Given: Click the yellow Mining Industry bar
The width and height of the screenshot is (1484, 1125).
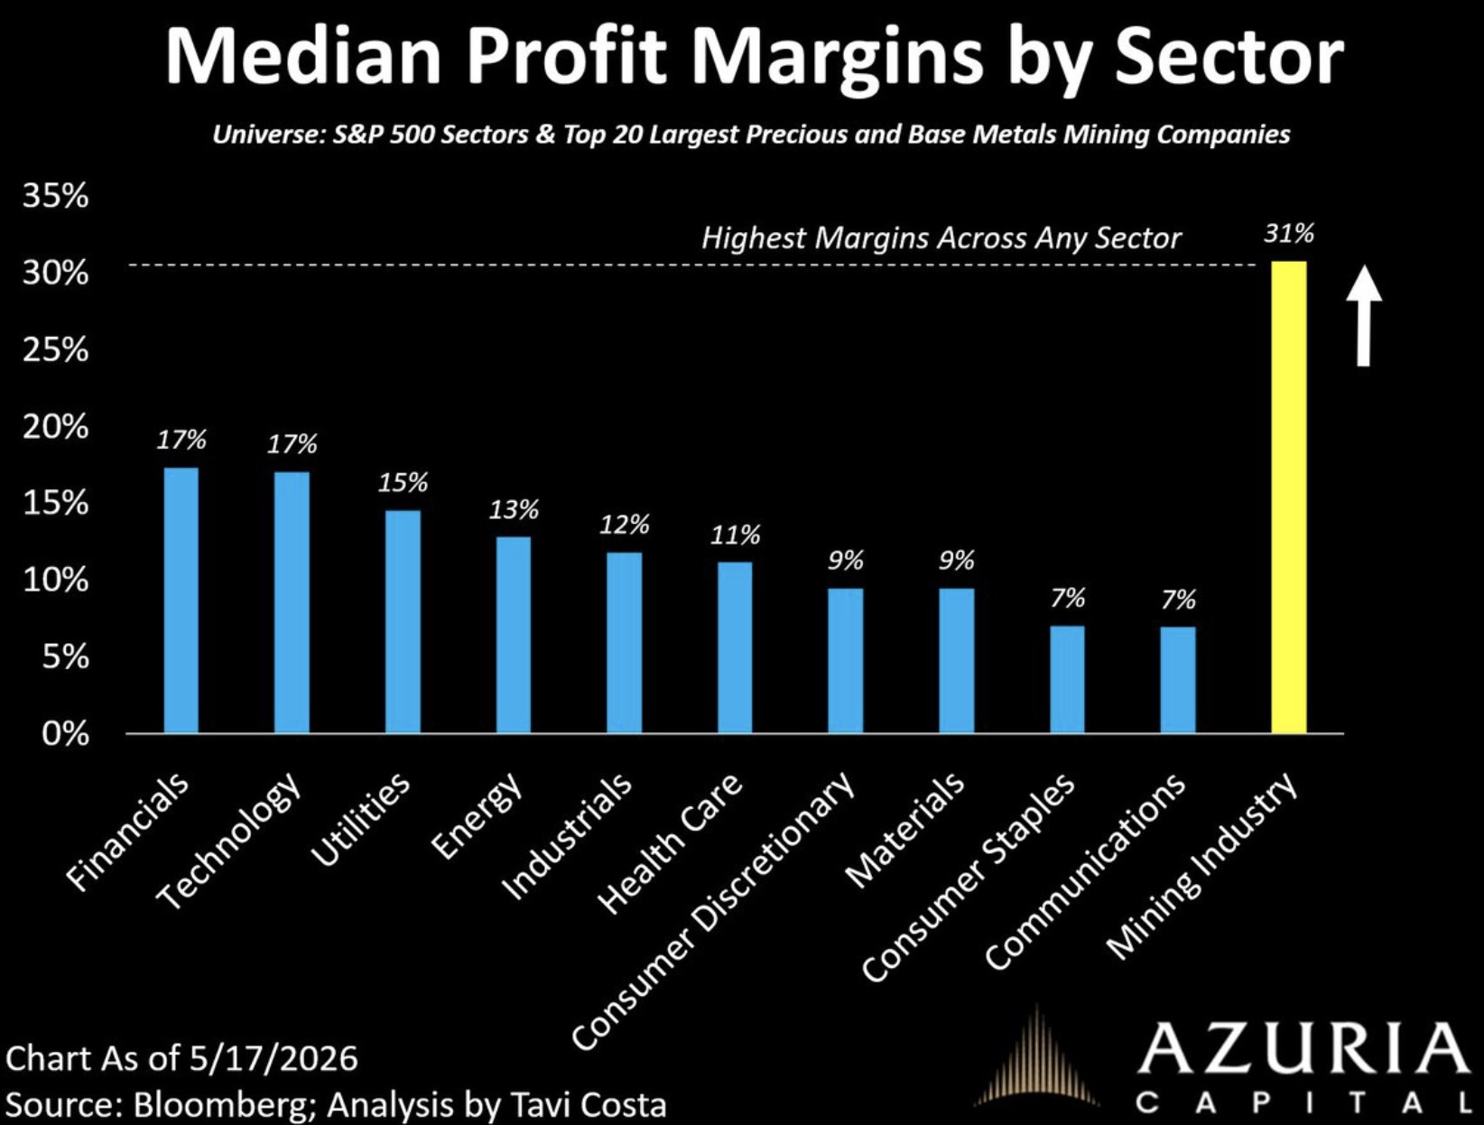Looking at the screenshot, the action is click(x=1289, y=497).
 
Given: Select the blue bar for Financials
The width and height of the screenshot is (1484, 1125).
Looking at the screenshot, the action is click(x=181, y=600).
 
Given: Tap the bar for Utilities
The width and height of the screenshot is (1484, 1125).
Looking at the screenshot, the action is click(x=403, y=621).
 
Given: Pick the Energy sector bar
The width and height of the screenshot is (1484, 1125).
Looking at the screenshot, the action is click(x=513, y=635).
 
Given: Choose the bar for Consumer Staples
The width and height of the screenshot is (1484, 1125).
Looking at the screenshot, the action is click(x=1067, y=680).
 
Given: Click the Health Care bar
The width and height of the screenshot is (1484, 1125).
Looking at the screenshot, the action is click(x=734, y=647).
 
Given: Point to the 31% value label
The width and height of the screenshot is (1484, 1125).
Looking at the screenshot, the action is click(x=1289, y=234).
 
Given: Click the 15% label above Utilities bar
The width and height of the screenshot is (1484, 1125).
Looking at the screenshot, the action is click(x=403, y=483).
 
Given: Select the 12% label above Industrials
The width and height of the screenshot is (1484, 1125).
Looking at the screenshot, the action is click(x=624, y=525).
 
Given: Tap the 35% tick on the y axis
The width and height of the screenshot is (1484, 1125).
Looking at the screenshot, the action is click(x=55, y=196).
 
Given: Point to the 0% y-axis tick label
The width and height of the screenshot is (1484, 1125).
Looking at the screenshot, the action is click(x=65, y=733).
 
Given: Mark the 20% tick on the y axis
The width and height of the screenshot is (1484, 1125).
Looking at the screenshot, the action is click(x=55, y=426).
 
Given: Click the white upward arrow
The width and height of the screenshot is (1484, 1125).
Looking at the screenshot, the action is click(x=1364, y=316).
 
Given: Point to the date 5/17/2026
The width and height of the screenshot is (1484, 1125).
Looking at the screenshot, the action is click(x=274, y=1058).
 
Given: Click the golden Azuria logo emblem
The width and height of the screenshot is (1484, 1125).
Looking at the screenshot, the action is click(x=1036, y=1063).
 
